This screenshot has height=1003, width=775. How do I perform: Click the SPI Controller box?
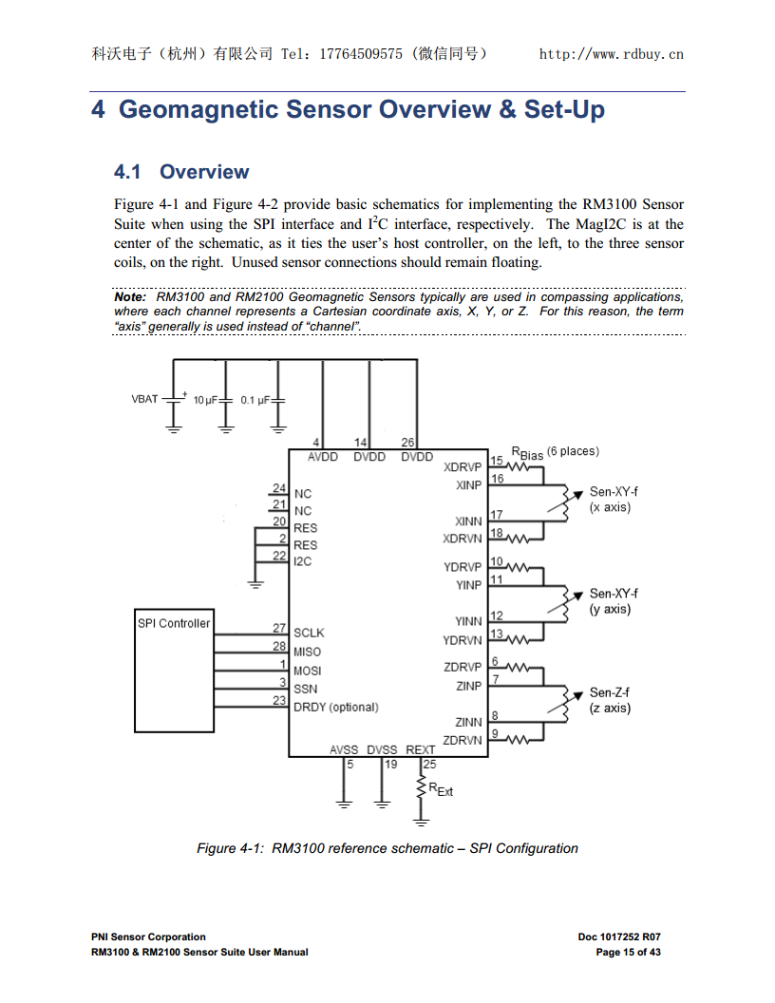(174, 671)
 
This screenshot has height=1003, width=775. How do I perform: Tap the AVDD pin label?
(323, 457)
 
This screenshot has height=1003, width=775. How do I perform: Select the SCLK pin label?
(309, 633)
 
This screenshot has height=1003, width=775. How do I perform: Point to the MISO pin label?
(307, 652)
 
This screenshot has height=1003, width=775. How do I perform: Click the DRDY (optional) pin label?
(335, 707)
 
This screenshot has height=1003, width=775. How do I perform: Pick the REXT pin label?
(421, 749)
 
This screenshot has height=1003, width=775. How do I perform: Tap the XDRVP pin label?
(463, 467)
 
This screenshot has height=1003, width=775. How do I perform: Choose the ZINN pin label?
(468, 722)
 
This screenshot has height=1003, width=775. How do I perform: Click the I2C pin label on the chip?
(302, 561)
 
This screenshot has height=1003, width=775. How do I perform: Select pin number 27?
(279, 628)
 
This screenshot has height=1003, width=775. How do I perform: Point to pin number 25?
(430, 764)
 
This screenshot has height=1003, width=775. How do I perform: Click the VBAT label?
(144, 399)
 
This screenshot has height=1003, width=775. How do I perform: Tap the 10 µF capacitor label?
(205, 401)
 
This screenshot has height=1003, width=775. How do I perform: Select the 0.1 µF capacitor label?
(255, 401)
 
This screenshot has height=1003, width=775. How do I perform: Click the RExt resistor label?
(441, 789)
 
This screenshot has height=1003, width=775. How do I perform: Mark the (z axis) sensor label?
(609, 708)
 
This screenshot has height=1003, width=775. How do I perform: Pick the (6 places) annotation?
(573, 451)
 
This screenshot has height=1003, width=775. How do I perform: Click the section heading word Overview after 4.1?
(204, 172)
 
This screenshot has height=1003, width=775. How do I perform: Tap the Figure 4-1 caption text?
(387, 848)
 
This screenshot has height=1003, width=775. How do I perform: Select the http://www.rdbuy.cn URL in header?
(611, 54)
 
